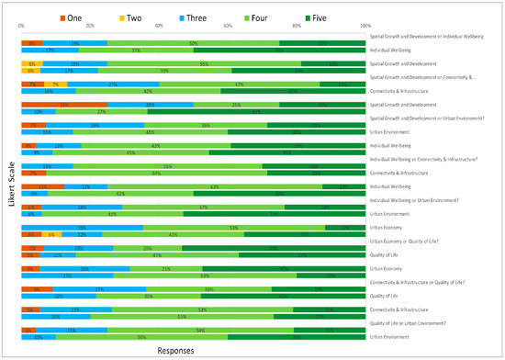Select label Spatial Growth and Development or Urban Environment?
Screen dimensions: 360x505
(428, 118)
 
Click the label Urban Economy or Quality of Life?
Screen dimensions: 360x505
(411, 242)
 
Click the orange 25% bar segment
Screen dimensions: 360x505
(64, 105)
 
